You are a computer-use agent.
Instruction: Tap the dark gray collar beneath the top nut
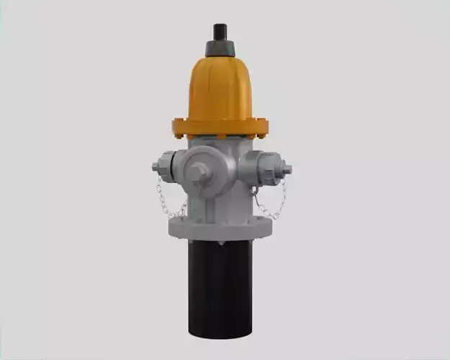click(x=220, y=48)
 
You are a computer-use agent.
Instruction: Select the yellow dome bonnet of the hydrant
click(x=220, y=86)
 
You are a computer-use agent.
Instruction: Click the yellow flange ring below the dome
click(x=220, y=128)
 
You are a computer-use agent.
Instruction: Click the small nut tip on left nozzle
click(x=155, y=167)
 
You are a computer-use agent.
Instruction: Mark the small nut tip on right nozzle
click(x=287, y=170)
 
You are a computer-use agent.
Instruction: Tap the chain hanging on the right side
click(x=274, y=205)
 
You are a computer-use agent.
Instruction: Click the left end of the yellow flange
click(x=175, y=128)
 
